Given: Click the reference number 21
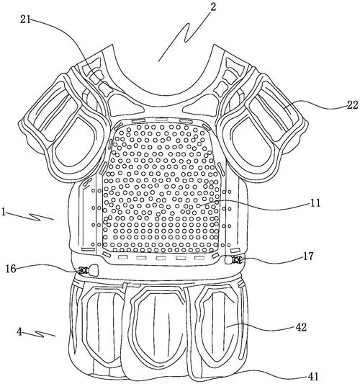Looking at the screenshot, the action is coord(25,19).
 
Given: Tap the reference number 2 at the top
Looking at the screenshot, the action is coord(213,6).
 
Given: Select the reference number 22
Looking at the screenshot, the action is coord(352,105).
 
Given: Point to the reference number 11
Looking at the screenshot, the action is coord(315,203).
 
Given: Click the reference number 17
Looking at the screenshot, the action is coord(308,256).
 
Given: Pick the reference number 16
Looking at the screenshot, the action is coord(11,269).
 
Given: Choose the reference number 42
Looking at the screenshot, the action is coord(301,327).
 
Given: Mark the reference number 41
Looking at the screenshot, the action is coord(313,376).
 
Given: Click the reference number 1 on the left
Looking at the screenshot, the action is coord(4,212).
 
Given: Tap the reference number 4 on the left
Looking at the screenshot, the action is coord(19,332).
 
